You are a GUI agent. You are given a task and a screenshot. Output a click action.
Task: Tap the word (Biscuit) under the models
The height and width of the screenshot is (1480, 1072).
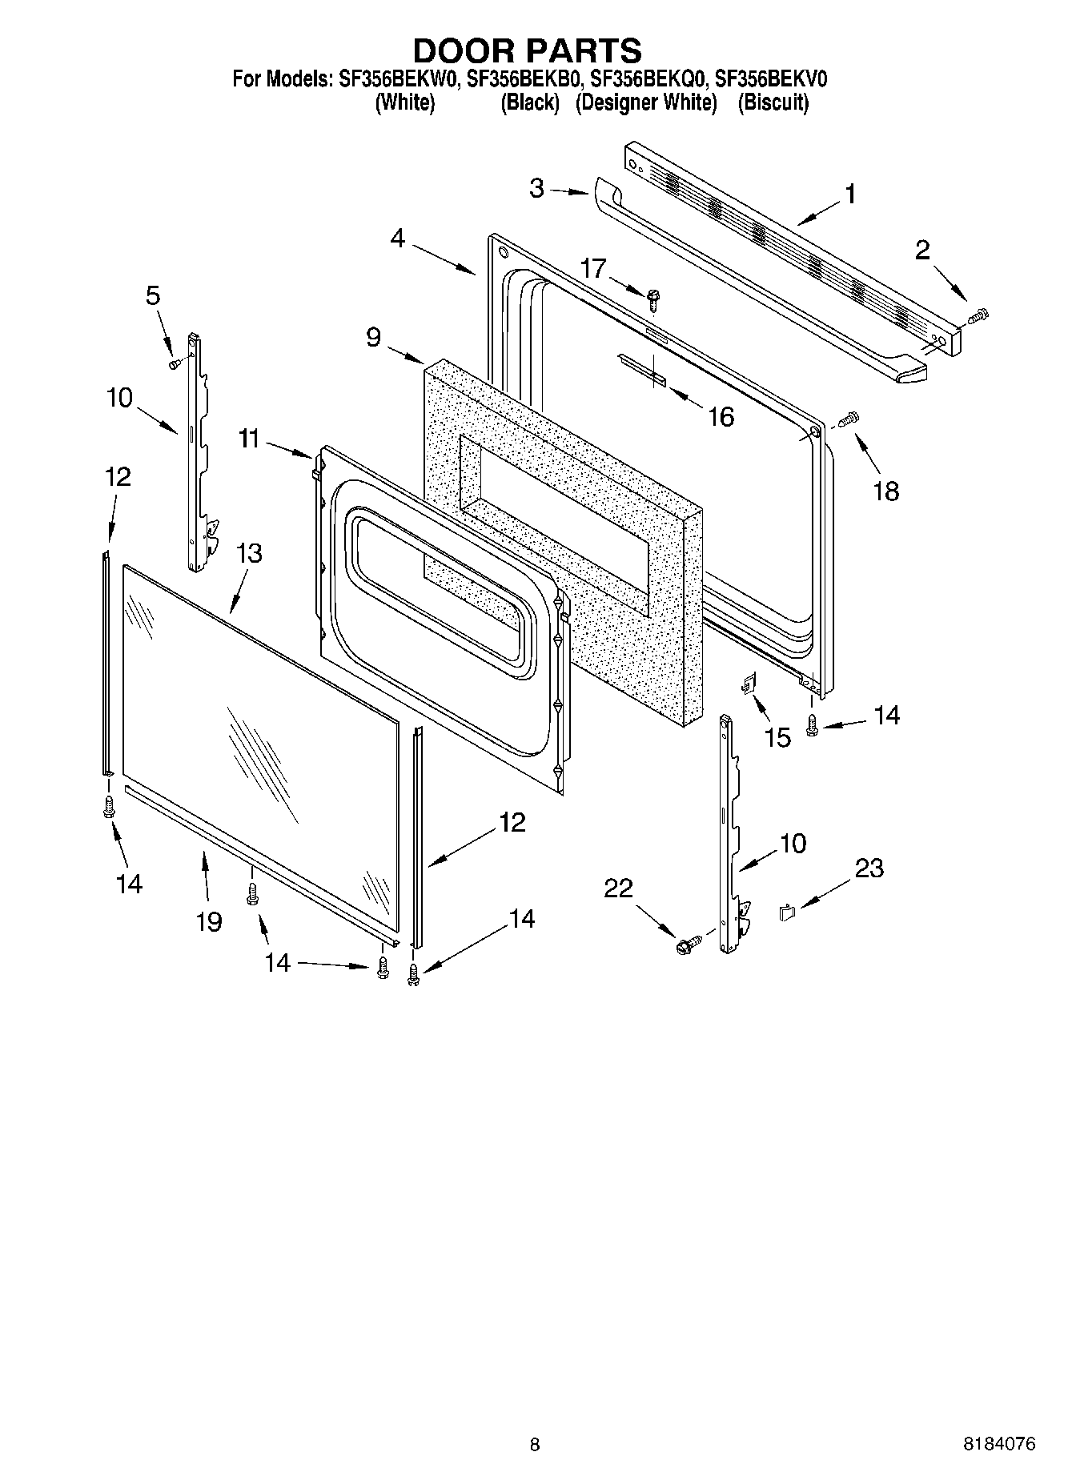[773, 102]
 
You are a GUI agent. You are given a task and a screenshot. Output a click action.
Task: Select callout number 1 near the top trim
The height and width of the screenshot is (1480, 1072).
[850, 194]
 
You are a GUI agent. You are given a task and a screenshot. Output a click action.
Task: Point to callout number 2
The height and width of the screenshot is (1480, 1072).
[922, 251]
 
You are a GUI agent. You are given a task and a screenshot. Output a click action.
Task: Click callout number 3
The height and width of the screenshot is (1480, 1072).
[536, 189]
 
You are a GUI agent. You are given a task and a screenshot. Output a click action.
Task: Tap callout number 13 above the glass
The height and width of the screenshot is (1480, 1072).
[249, 553]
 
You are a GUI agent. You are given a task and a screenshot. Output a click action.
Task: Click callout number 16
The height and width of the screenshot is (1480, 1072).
[721, 416]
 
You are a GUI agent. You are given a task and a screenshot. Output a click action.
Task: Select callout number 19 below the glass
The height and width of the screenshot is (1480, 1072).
[209, 921]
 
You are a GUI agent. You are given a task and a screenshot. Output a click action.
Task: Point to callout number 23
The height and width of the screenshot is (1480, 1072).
[869, 868]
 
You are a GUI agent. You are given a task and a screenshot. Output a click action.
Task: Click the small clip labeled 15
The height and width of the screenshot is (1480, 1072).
[750, 684]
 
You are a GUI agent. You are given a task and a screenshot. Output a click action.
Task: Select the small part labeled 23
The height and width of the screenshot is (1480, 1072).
[786, 911]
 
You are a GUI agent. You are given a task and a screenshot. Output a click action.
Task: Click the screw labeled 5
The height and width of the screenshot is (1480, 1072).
[174, 364]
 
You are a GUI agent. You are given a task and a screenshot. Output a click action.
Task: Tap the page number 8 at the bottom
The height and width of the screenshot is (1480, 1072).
[535, 1445]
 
